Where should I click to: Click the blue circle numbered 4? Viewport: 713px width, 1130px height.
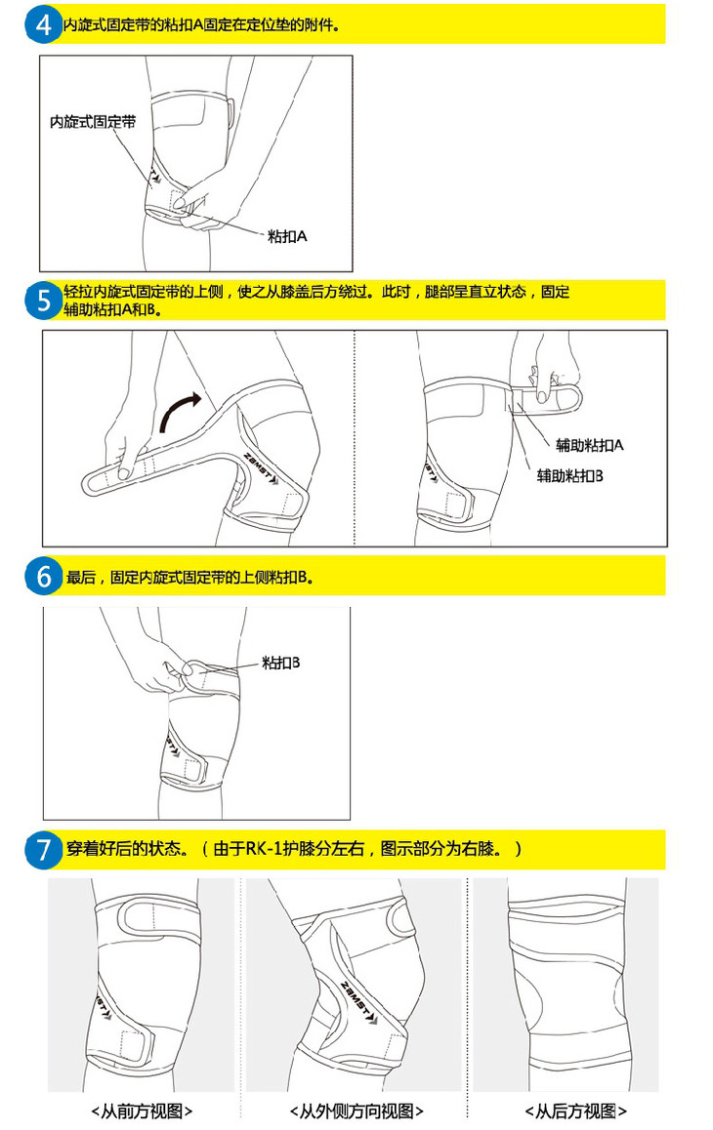pos(44,24)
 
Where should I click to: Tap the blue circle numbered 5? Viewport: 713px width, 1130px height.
pos(44,300)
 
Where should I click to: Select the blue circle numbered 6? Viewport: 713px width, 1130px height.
pos(44,577)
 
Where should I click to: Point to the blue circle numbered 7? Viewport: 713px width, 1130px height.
pos(44,849)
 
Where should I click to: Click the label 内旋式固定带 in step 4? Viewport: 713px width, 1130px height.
pos(93,122)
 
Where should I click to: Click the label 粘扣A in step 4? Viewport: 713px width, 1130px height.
pos(287,235)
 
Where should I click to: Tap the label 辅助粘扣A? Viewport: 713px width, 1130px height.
pos(590,445)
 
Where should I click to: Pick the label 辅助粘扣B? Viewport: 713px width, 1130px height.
pos(570,475)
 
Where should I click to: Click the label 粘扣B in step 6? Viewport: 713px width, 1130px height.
pos(280,663)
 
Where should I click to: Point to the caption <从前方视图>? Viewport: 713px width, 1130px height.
pos(143,1110)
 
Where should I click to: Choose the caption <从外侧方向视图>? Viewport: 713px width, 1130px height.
pos(356,1110)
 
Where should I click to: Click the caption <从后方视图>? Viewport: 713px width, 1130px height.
pos(576,1110)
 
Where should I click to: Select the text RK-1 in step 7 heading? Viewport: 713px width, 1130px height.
pos(264,848)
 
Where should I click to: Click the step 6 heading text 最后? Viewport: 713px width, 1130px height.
pos(81,578)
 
